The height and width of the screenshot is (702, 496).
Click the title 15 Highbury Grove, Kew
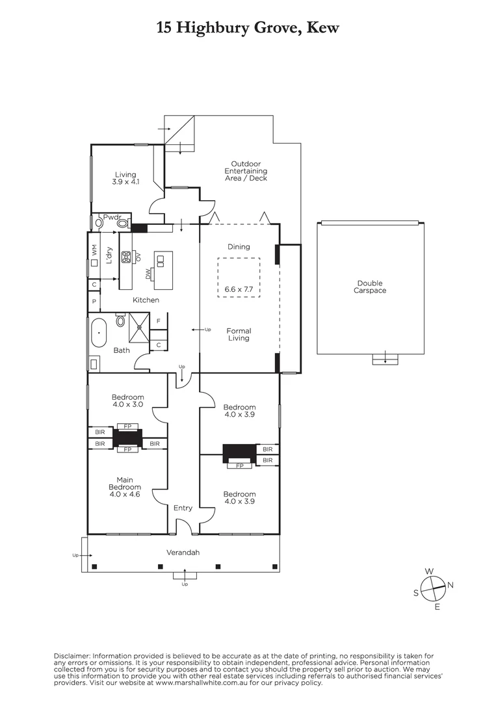[x=248, y=28]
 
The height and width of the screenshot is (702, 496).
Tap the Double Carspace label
[x=370, y=287]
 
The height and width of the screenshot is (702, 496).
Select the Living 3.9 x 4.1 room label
[x=125, y=178]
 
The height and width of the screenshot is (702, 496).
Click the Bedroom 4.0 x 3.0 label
[x=127, y=401]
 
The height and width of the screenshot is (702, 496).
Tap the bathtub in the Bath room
[x=98, y=333]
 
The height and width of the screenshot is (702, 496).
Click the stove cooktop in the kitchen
[x=126, y=256]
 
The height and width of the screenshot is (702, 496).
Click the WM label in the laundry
[x=95, y=250]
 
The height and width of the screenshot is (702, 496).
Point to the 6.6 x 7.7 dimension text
[x=238, y=288]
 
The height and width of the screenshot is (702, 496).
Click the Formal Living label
[x=239, y=334]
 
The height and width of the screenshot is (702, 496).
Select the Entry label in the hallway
[x=183, y=508]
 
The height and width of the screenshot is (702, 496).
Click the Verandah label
[x=183, y=552]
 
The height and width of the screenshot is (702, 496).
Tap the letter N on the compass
[x=450, y=585]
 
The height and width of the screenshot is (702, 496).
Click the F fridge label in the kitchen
[x=158, y=321]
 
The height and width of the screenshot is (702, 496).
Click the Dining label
[x=239, y=246]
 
